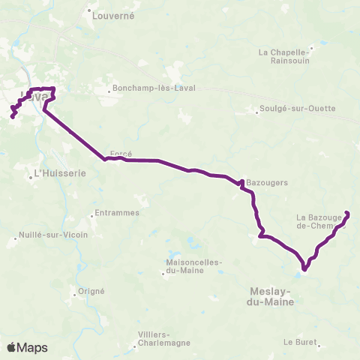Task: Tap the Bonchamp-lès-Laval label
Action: point(154,88)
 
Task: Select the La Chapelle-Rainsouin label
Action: point(284,57)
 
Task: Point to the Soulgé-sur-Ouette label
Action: point(298,108)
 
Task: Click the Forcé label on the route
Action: point(121,154)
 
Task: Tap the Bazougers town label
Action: point(267,181)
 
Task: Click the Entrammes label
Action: point(116,213)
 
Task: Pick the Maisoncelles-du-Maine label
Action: point(190,265)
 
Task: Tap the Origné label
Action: point(91,291)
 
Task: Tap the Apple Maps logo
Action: point(27,347)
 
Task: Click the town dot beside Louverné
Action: point(89,11)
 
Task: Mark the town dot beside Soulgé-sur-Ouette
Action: point(257,113)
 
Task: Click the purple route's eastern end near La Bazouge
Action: point(347,213)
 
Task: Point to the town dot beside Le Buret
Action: point(319,346)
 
